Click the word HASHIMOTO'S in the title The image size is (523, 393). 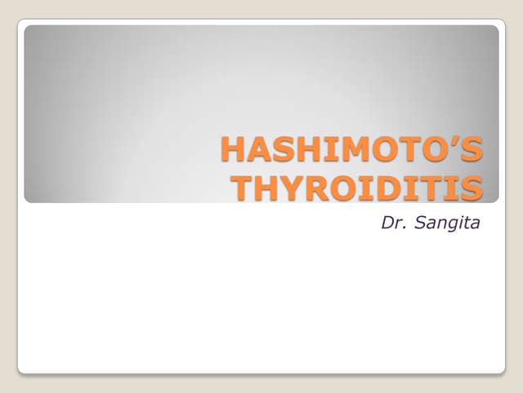pos(352,151)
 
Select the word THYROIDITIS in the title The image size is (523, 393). pos(358,187)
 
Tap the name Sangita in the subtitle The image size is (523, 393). pos(448,221)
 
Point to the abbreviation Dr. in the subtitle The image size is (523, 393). pos(395,221)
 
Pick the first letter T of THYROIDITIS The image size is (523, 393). pos(244,187)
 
